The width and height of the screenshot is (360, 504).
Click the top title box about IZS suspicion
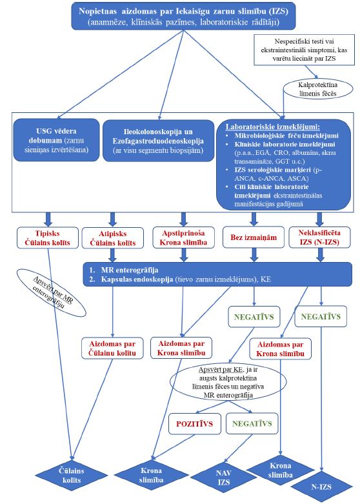[183, 16]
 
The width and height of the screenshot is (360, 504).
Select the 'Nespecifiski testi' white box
[304, 50]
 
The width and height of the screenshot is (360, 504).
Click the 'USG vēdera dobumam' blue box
[56, 140]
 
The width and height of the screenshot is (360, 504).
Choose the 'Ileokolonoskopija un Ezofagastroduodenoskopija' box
[158, 141]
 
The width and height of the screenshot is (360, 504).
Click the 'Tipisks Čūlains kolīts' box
[48, 238]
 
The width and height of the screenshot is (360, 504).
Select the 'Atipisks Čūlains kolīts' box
[112, 238]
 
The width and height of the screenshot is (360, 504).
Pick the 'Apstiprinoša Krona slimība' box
[183, 237]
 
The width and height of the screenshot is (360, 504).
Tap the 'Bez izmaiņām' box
[254, 237]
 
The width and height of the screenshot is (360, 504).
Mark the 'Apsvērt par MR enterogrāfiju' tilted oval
[52, 293]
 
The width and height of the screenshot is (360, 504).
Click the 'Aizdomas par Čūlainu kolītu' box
[112, 348]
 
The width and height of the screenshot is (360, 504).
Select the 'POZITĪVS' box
[194, 423]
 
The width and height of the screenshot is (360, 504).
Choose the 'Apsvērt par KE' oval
[228, 382]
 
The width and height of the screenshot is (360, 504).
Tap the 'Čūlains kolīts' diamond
[72, 476]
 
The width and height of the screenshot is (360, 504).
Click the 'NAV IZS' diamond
[224, 478]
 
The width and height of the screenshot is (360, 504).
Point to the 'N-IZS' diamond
[321, 487]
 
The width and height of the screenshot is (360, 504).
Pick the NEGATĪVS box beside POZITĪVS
[252, 423]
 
